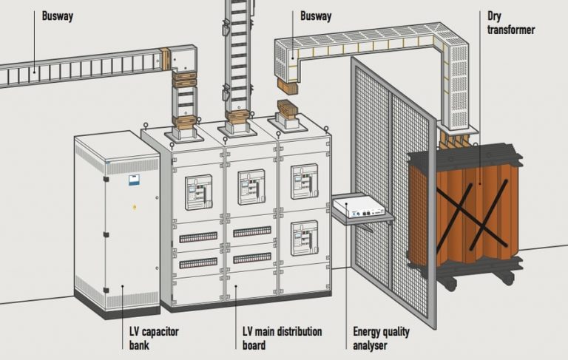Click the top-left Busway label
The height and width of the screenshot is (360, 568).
58,15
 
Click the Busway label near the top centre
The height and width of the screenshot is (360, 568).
316,15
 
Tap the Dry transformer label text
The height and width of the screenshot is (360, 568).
511,22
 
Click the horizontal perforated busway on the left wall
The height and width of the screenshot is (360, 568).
74,71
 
